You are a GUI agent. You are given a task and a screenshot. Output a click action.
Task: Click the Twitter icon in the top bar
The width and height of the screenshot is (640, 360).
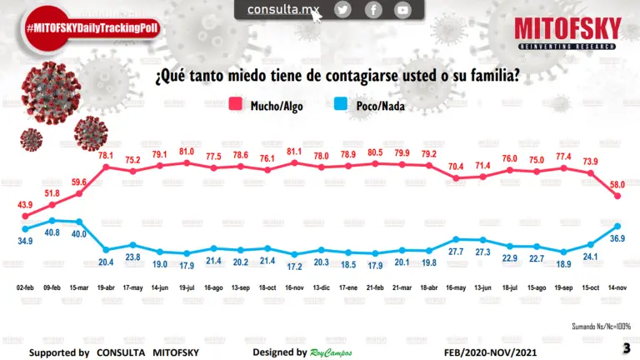pos(343,10)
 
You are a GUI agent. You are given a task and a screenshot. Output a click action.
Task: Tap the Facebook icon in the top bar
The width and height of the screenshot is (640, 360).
pos(373,10)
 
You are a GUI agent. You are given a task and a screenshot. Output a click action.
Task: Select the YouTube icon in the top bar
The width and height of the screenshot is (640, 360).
pos(403,10)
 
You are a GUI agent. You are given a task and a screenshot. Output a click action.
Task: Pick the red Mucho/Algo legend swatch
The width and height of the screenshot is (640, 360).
pos(236,105)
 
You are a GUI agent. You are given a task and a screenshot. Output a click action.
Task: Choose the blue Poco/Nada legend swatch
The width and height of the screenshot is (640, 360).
pos(341,105)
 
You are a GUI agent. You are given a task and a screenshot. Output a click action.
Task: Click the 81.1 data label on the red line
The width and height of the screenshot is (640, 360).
pos(293,152)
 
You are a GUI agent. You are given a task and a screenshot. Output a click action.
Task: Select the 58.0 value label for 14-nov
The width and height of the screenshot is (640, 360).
pos(617,185)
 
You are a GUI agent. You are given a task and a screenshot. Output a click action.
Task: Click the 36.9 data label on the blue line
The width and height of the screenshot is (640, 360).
pos(617,238)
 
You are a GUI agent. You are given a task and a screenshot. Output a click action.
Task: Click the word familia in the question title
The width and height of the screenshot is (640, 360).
pos(492,77)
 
